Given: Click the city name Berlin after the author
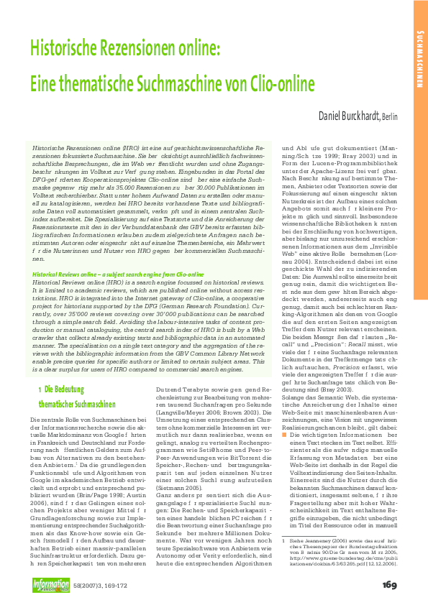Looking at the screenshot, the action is [x=391, y=116].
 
